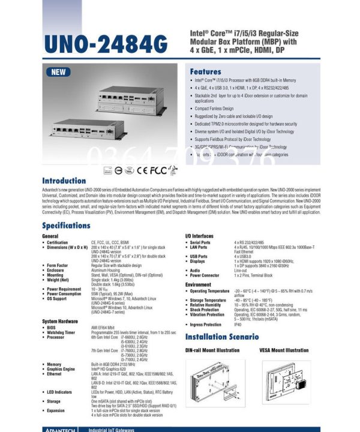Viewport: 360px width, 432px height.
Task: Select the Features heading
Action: tap(206, 71)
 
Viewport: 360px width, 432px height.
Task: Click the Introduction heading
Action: tap(67, 180)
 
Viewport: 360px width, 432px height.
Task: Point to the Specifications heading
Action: tap(74, 225)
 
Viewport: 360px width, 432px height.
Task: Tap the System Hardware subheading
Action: tap(60, 321)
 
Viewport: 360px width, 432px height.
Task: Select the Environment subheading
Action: tap(198, 284)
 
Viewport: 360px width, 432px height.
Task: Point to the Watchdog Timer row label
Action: tap(61, 332)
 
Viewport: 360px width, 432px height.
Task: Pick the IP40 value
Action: tap(238, 325)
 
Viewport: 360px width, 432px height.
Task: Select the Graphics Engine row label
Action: tap(62, 368)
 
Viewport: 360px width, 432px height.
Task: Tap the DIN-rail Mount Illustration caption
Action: tap(212, 350)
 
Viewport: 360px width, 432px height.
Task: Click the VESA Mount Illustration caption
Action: tap(284, 350)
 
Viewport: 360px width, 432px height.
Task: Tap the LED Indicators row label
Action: tap(61, 392)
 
